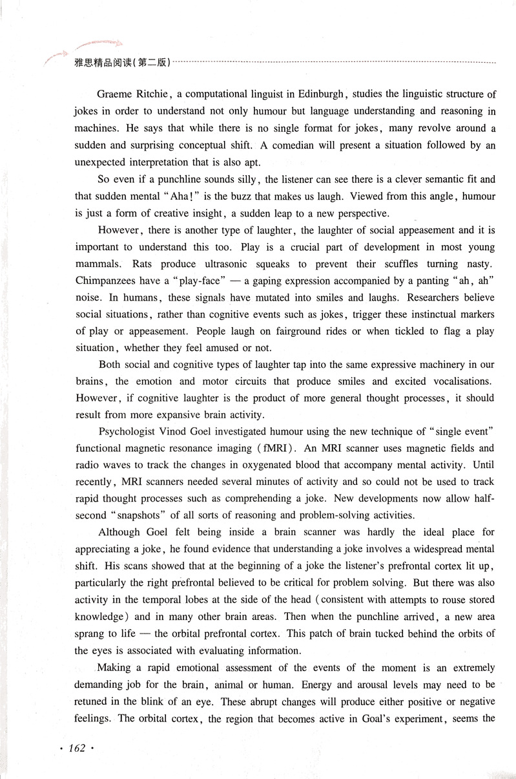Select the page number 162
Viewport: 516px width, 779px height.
77,748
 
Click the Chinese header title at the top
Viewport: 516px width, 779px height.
123,63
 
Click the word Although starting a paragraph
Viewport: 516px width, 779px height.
119,532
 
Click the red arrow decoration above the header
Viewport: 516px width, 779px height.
97,45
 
